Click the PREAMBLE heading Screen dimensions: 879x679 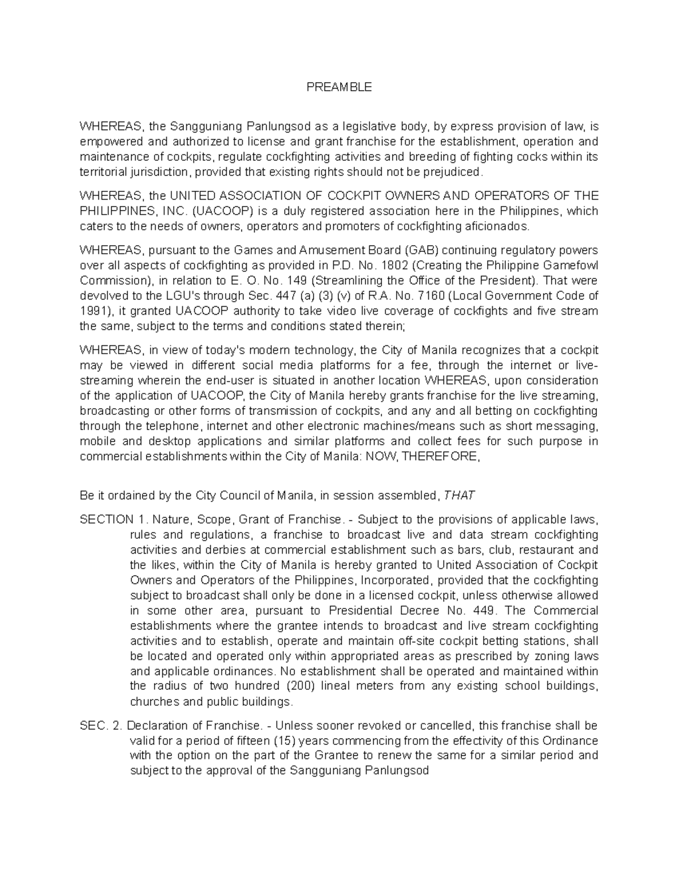(x=339, y=87)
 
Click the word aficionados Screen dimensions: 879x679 (x=496, y=227)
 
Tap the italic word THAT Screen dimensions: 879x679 (x=459, y=496)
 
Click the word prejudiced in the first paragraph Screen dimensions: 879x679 (x=456, y=172)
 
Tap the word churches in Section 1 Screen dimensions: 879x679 (x=153, y=702)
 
